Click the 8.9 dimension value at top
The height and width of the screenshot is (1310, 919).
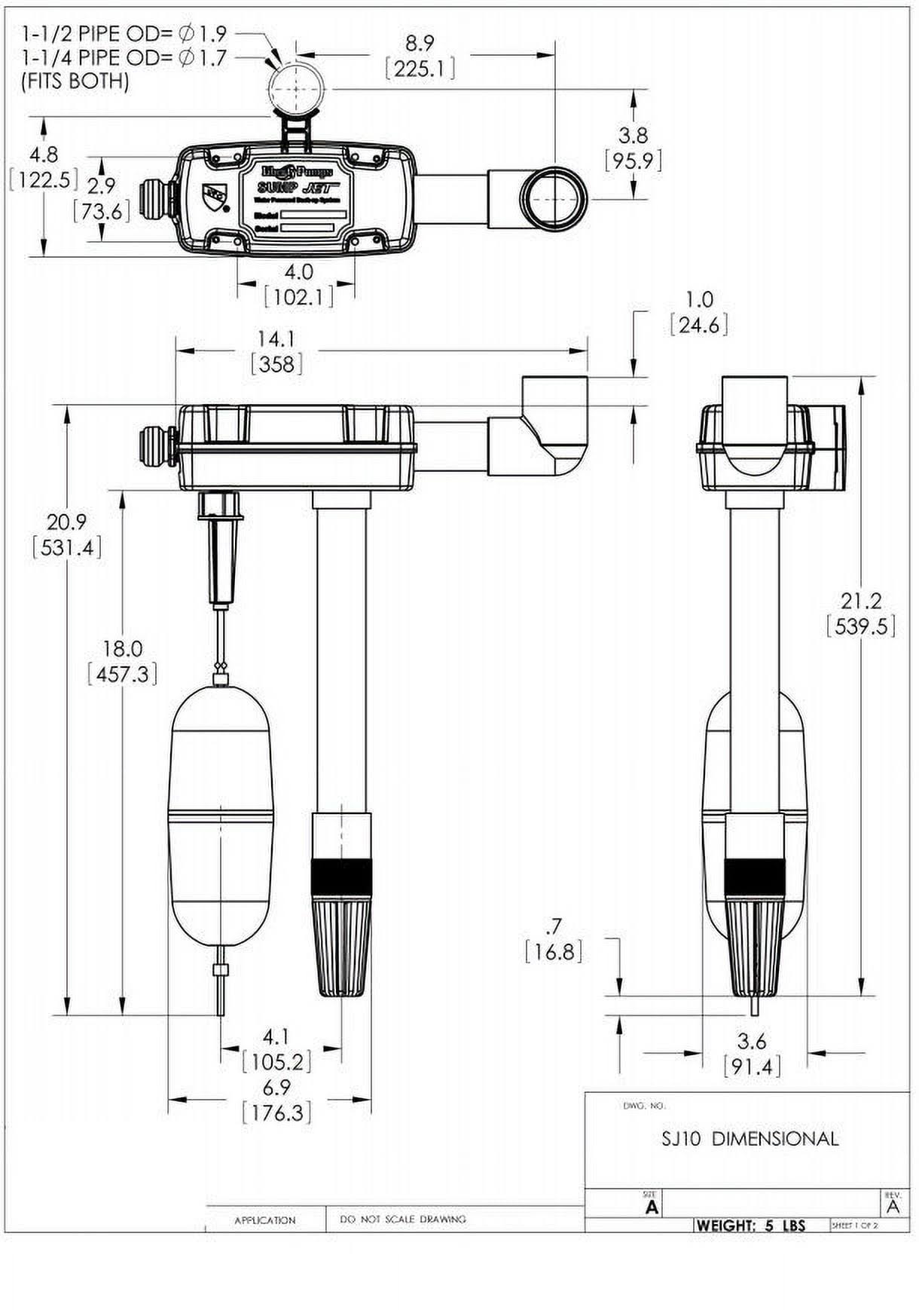[x=420, y=43]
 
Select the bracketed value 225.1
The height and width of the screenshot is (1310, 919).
[x=420, y=69]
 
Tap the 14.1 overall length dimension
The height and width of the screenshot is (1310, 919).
[x=276, y=338]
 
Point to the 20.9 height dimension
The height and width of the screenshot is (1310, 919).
[x=66, y=522]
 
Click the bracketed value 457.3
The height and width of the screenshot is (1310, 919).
[x=122, y=674]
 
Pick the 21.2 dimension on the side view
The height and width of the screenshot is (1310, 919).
[x=860, y=601]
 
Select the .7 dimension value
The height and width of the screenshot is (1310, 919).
[x=554, y=926]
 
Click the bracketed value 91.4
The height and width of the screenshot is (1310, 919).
[x=752, y=1067]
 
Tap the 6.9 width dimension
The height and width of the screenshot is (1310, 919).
[x=276, y=1087]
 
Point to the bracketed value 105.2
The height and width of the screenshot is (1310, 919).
[x=276, y=1062]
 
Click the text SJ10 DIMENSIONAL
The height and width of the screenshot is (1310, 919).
[x=750, y=1138]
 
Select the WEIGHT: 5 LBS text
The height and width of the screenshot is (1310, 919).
[x=750, y=1226]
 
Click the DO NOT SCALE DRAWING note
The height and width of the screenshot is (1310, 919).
[x=403, y=1219]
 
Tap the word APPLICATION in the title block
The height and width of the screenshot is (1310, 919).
[x=264, y=1220]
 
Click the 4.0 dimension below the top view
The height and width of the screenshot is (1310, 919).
[x=298, y=271]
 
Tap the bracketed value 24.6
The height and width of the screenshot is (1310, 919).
[x=699, y=325]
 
